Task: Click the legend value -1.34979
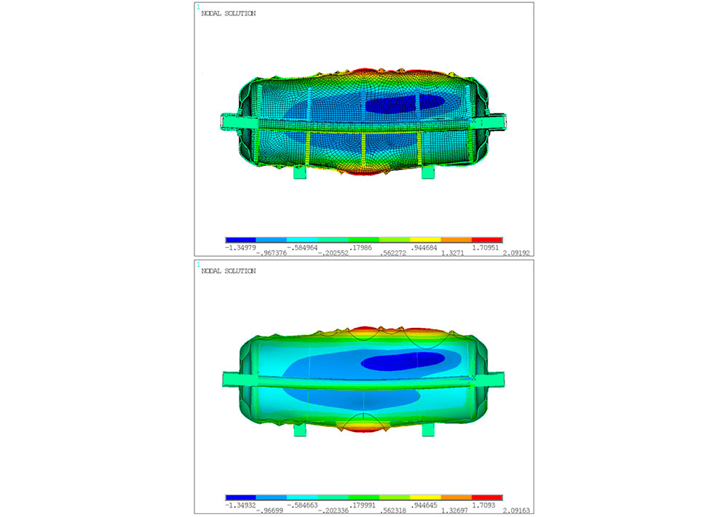tap(240, 248)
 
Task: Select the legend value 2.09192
tap(516, 253)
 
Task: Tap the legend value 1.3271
tap(452, 253)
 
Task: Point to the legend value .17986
tap(360, 248)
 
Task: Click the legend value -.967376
tap(271, 253)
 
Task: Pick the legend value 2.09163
tap(516, 510)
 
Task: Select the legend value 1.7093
tap(484, 505)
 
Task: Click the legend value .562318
tap(393, 510)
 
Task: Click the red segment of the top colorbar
tap(487, 240)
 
